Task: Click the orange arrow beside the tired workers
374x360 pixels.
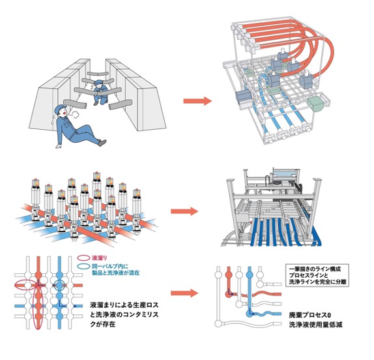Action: pyautogui.click(x=197, y=101)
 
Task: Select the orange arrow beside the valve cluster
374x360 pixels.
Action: pyautogui.click(x=184, y=211)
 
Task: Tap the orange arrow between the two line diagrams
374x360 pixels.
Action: pyautogui.click(x=184, y=293)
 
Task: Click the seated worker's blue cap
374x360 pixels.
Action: pyautogui.click(x=60, y=109)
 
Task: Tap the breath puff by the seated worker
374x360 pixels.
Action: pyautogui.click(x=75, y=114)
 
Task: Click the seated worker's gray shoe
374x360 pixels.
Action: pyautogui.click(x=102, y=143)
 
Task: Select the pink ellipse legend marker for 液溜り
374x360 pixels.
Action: pyautogui.click(x=83, y=258)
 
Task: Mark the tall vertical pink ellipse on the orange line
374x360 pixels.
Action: pyautogui.click(x=38, y=307)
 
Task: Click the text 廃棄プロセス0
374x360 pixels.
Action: pyautogui.click(x=310, y=315)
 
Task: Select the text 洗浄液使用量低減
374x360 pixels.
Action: pyautogui.click(x=315, y=325)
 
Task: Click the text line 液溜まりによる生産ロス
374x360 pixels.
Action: pyautogui.click(x=124, y=305)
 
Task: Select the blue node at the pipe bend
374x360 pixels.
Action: pyautogui.click(x=250, y=314)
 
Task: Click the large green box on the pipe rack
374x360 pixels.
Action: pyautogui.click(x=315, y=104)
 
